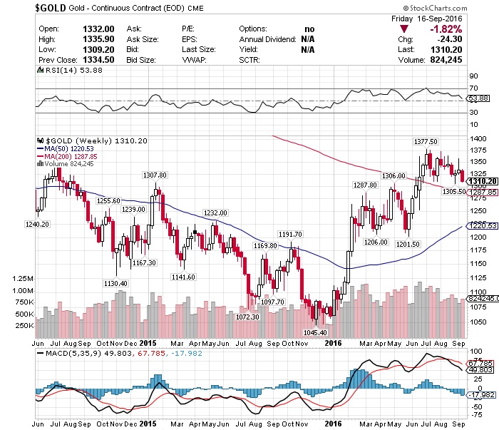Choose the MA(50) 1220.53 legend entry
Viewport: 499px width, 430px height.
[71, 148]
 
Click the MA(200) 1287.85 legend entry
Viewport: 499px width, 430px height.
[73, 156]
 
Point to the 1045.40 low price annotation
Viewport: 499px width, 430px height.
[314, 332]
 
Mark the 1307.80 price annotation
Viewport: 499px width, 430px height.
[155, 175]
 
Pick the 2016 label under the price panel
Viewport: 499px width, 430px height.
[333, 342]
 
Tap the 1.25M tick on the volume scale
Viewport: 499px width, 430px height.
[23, 278]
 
